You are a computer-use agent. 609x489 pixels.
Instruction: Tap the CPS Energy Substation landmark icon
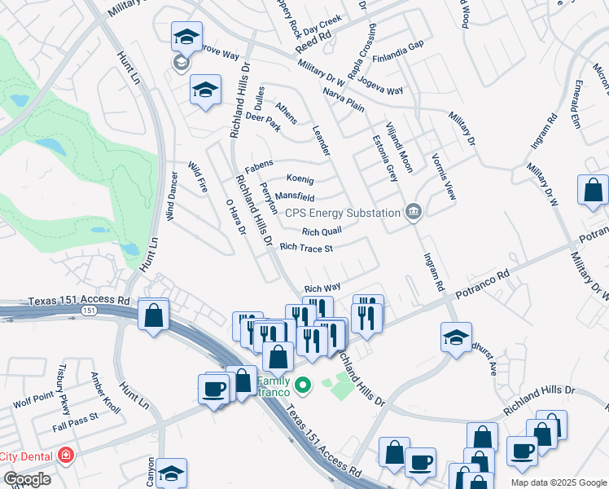click(x=414, y=212)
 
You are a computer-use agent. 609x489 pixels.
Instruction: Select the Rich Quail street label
click(x=321, y=231)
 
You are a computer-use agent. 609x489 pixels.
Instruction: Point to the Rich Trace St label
click(x=306, y=247)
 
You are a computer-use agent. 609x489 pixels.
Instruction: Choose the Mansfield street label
click(x=294, y=196)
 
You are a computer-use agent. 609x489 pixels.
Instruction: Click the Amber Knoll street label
click(x=105, y=392)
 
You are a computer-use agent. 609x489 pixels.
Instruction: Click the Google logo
click(x=27, y=479)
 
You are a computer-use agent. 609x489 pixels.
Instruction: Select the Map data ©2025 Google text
click(x=558, y=482)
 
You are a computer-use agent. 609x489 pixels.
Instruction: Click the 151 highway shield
click(x=90, y=311)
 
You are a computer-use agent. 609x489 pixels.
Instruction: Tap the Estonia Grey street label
click(x=385, y=158)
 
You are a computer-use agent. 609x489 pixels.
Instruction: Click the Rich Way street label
click(x=322, y=288)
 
